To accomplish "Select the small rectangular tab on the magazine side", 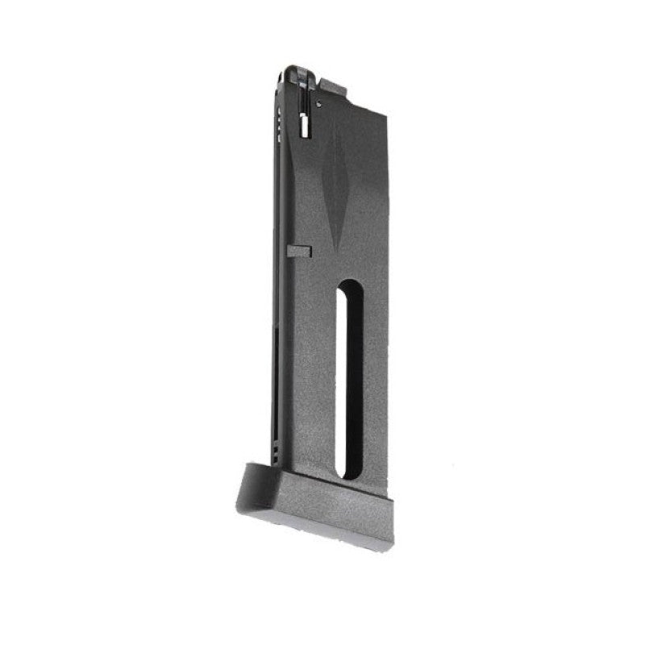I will pyautogui.click(x=298, y=251).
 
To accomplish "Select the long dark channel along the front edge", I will pyautogui.click(x=277, y=322).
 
